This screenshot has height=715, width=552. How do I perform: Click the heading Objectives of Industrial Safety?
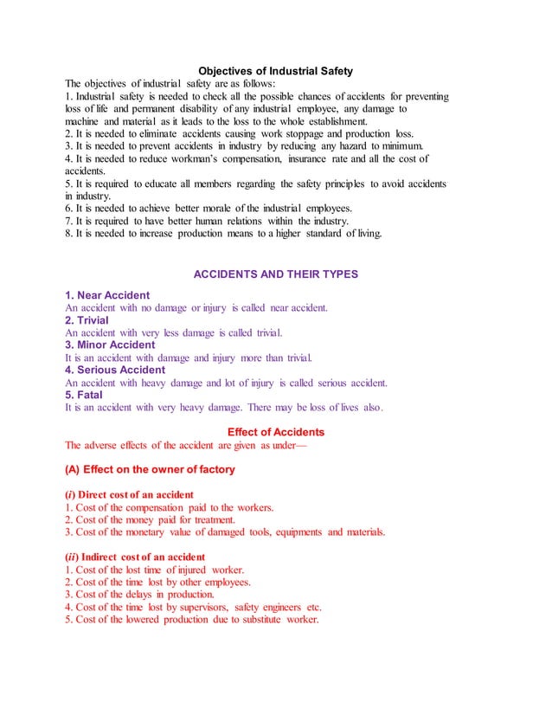coord(275,70)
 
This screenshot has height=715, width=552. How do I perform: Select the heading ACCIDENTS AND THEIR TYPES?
coord(275,274)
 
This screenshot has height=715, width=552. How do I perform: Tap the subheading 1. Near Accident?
coord(107,294)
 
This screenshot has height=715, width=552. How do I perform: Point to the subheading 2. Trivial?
coord(91,319)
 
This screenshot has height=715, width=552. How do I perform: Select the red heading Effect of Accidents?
coord(275,432)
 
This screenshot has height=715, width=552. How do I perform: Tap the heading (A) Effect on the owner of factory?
coord(150,469)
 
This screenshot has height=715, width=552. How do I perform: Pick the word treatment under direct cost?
coord(196,519)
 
